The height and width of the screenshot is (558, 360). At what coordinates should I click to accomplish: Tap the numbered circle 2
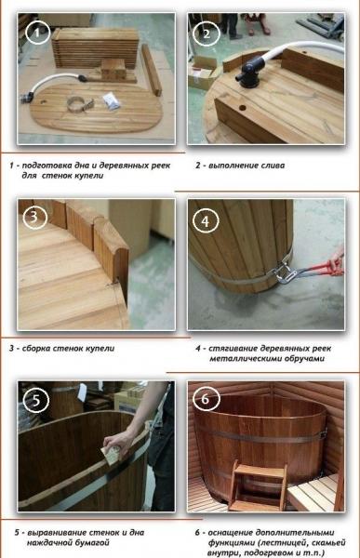(207, 34)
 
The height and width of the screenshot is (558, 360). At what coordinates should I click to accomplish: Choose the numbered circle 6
(207, 401)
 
